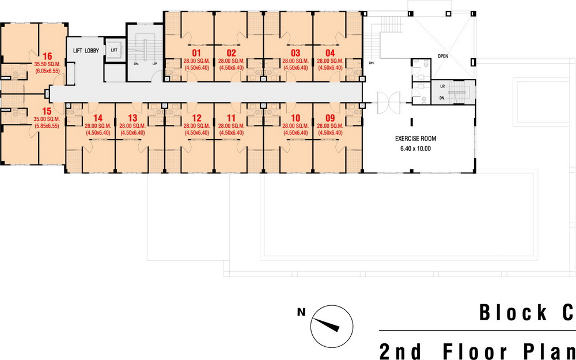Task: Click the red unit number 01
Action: pos(196,53)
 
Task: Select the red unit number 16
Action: pos(47,56)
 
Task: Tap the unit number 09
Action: pos(330,118)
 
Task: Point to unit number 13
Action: pos(132,118)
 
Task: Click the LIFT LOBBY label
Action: pos(86,51)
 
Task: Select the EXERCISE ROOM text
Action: pos(415,139)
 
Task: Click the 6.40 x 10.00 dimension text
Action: pos(415,149)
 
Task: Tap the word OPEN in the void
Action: pos(442,56)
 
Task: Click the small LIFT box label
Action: pos(114,50)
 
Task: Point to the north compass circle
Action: pos(332,326)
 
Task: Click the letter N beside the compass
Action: pos(301,313)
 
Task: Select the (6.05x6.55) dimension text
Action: pos(47,71)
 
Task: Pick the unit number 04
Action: pos(330,53)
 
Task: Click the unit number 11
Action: pos(231,118)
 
